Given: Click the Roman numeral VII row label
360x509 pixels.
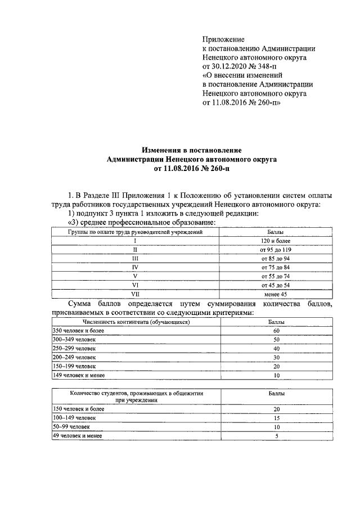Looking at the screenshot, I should point(135,294).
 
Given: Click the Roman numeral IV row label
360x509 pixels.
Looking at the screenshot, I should point(135,267).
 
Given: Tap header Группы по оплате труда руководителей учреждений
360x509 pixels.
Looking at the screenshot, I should point(135,232).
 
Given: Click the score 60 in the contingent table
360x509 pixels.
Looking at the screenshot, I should point(276,331).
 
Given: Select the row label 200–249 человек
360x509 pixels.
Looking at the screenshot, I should point(74,357).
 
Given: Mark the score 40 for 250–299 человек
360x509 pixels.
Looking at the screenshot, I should point(276,349).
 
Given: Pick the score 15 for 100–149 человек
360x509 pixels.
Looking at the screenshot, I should point(276,418).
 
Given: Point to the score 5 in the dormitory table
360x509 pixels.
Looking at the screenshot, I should point(276,436).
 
